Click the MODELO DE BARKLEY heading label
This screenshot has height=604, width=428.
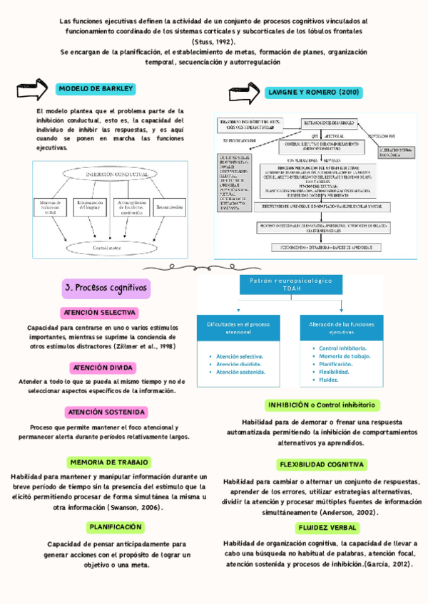click(96, 89)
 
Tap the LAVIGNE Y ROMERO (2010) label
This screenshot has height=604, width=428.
click(314, 93)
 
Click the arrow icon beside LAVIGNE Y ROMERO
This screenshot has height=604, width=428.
click(244, 93)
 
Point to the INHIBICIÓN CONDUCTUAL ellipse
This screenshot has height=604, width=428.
click(107, 174)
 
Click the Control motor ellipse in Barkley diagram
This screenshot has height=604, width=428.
click(107, 228)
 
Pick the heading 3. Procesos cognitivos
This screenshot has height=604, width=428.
click(106, 288)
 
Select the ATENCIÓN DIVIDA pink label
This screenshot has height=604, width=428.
click(102, 368)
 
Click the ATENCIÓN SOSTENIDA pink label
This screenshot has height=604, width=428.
click(106, 412)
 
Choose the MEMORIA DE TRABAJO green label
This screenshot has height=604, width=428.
click(106, 462)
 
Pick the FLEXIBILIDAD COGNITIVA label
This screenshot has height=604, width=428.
click(312, 464)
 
